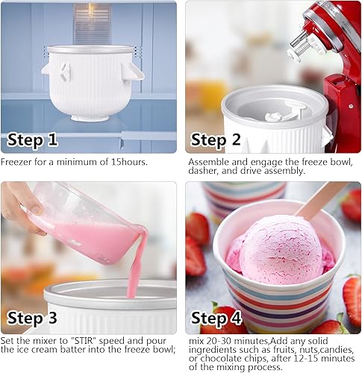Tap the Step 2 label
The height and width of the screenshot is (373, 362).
[x=219, y=139]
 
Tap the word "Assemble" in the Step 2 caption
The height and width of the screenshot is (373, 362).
[x=209, y=161]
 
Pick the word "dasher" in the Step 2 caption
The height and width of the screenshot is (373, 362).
[x=203, y=171]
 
